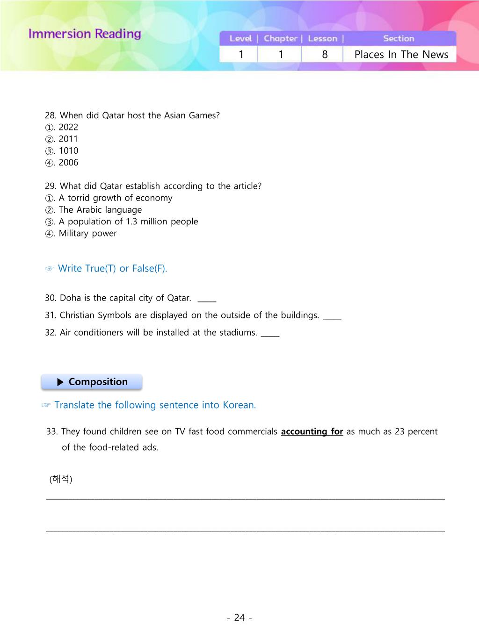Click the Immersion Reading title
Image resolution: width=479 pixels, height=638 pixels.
[85, 34]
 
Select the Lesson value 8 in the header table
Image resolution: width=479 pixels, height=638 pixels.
[325, 54]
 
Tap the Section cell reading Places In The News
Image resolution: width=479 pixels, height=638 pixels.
[401, 54]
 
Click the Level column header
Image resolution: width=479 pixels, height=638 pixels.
[240, 38]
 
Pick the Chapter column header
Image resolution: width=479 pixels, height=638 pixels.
[280, 38]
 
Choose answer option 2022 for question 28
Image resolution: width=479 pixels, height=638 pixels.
[68, 127]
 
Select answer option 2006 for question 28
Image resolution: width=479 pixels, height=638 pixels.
[68, 163]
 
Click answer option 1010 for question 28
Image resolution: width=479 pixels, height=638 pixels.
[68, 151]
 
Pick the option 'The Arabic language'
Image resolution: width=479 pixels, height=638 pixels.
[100, 210]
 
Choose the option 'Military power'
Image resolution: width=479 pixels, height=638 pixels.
[87, 233]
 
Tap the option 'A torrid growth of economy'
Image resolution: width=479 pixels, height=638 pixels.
[115, 198]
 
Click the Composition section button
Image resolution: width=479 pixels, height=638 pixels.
[92, 382]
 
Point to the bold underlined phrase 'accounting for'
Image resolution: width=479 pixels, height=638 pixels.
[312, 431]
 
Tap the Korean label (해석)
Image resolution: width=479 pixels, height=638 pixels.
[61, 479]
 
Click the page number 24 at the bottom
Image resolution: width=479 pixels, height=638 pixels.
[239, 617]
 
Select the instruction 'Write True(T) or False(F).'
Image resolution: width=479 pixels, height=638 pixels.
[112, 268]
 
